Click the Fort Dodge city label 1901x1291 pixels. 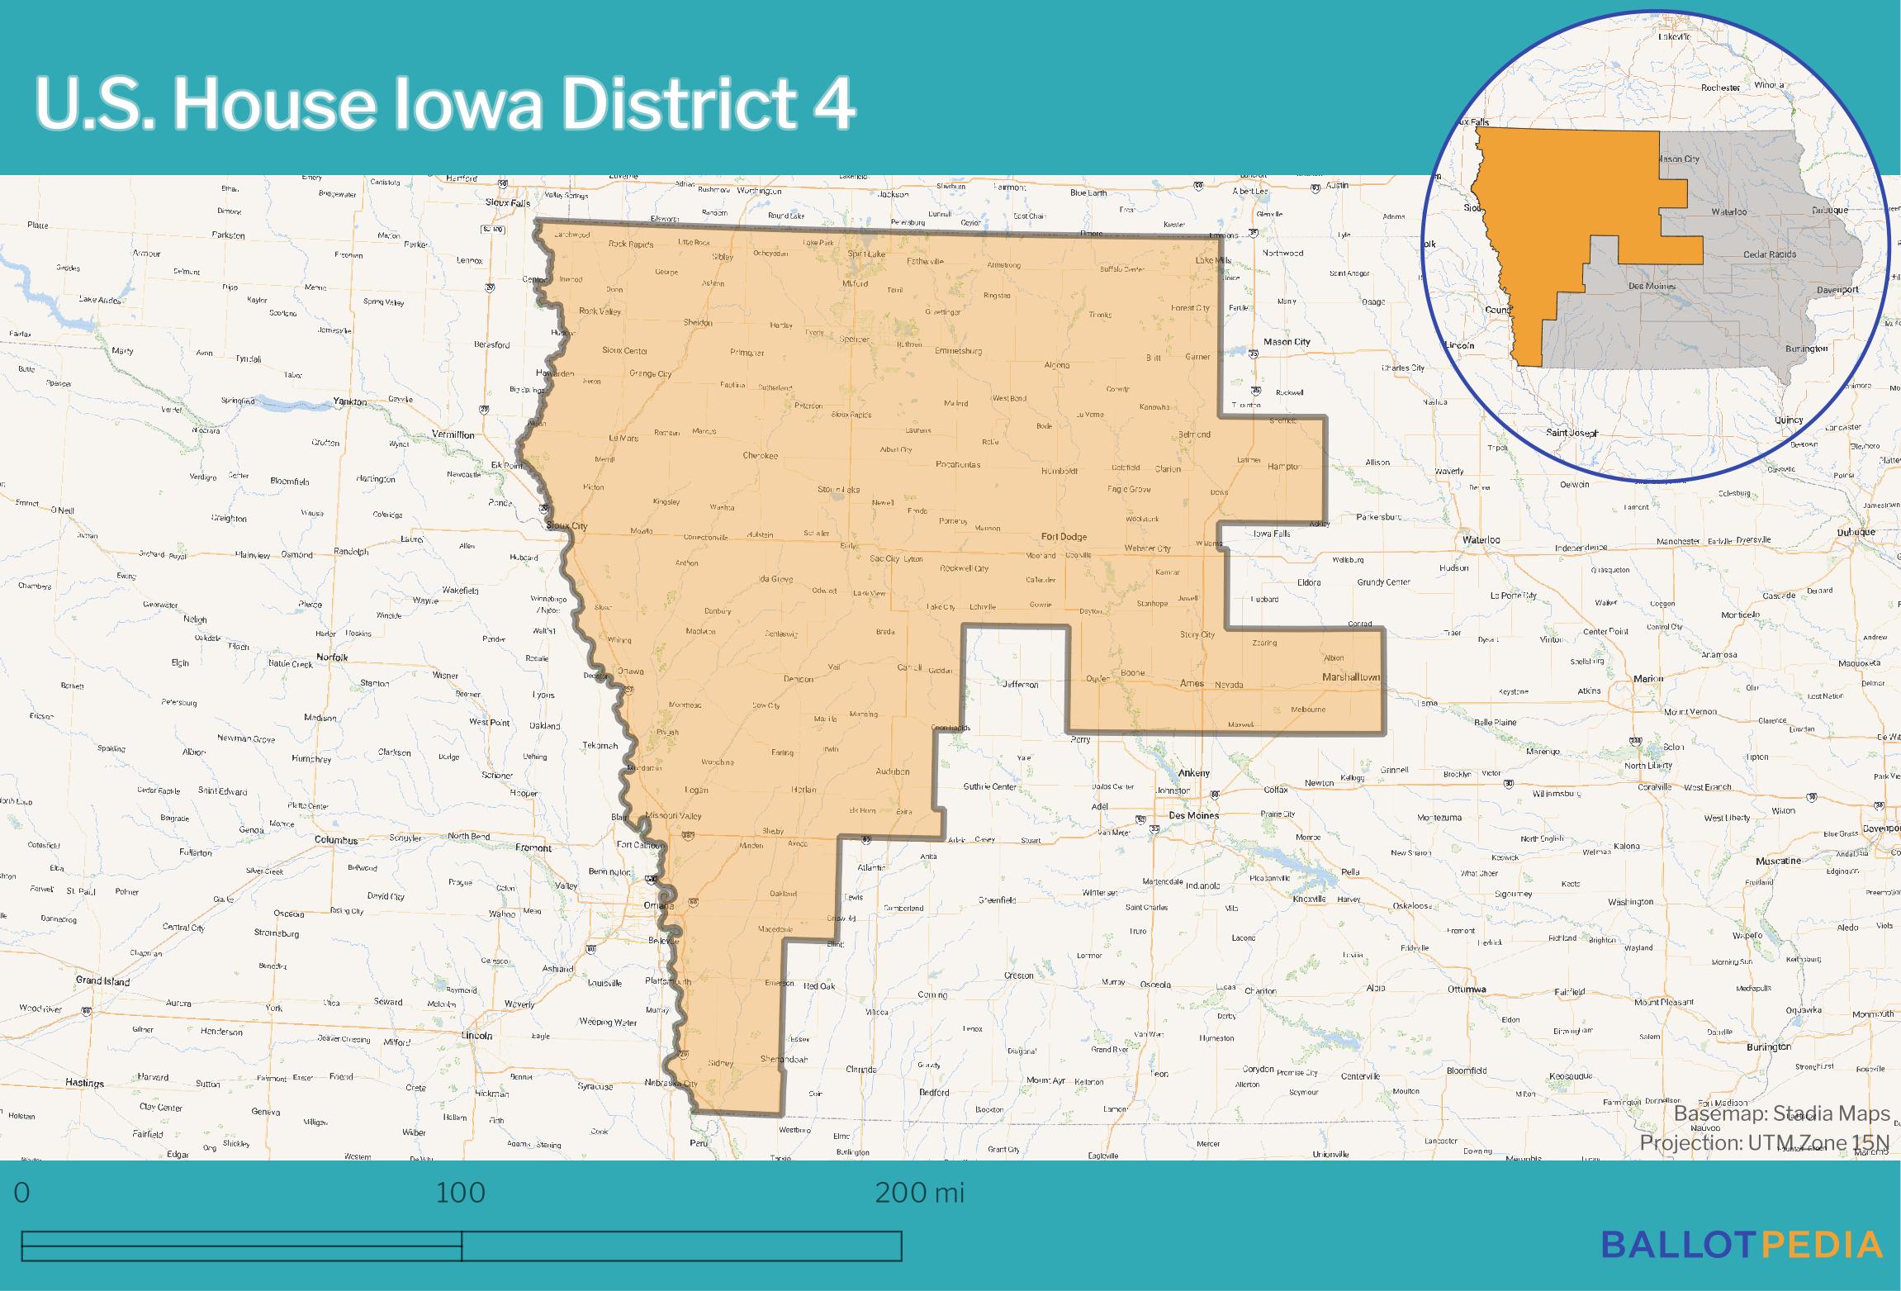[x=1064, y=536]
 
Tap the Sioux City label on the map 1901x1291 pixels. [x=567, y=525]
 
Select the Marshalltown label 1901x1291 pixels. [x=1351, y=676]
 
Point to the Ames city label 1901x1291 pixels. [x=1192, y=683]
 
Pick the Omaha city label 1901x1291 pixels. [x=658, y=905]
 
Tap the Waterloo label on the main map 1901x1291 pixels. [x=1481, y=539]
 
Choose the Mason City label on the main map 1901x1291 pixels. [x=1287, y=341]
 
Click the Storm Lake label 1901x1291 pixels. [x=839, y=489]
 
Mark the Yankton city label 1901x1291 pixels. [x=350, y=401]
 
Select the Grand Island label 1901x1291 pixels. [x=102, y=980]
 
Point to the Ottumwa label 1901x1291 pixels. [x=1467, y=989]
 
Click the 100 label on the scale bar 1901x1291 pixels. [x=461, y=1193]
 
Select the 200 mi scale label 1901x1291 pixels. [x=919, y=1193]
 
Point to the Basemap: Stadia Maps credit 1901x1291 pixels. [x=1781, y=1113]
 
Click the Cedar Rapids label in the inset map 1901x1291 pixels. [x=1769, y=254]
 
